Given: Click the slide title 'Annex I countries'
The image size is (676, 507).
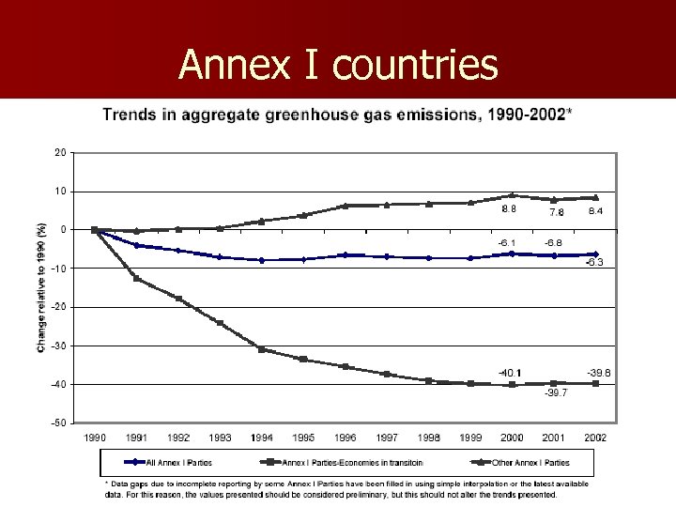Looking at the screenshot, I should coord(338,65).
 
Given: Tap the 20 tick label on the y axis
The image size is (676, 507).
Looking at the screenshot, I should coord(60,152).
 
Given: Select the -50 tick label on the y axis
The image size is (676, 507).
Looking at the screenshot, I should coord(59,422).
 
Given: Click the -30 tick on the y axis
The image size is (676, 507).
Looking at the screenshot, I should coord(59,346).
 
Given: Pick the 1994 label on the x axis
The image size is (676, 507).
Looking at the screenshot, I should coord(262,438).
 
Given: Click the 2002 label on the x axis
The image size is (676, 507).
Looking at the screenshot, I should coord(595,438).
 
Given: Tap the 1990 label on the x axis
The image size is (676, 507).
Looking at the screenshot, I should coord(95,438).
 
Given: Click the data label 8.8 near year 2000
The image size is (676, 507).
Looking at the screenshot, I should coord(509,209).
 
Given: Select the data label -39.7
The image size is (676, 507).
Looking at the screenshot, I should coord(555,393).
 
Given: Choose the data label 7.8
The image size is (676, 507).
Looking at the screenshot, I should coord(556,212).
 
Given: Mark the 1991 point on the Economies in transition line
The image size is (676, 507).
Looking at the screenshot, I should coord(137,278).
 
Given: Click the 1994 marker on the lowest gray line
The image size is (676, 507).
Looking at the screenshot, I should coord(262,349).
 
